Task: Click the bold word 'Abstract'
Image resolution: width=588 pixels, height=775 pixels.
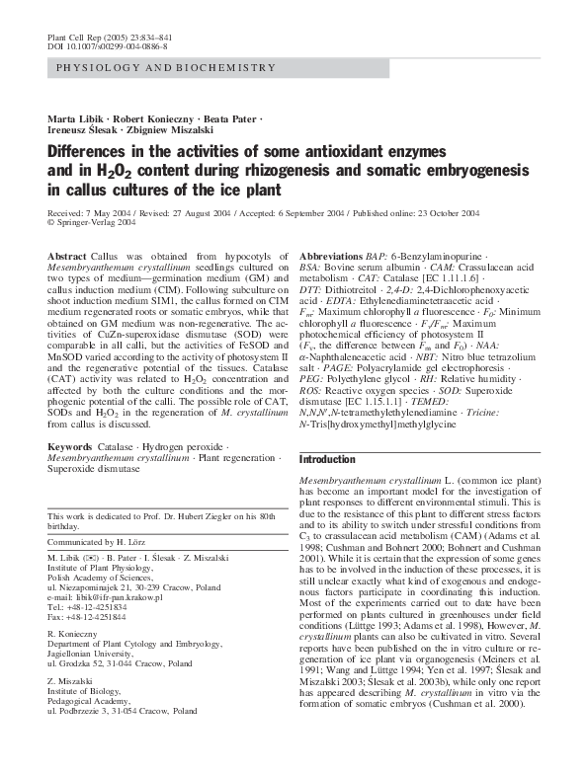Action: [x=66, y=255]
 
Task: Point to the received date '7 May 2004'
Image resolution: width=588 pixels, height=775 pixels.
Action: [x=110, y=212]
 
